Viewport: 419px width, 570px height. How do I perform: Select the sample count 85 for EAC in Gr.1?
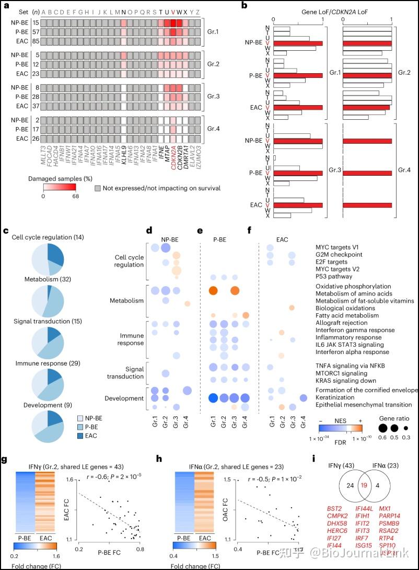[x=32, y=41]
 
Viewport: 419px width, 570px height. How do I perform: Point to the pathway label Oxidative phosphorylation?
[x=353, y=286]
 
